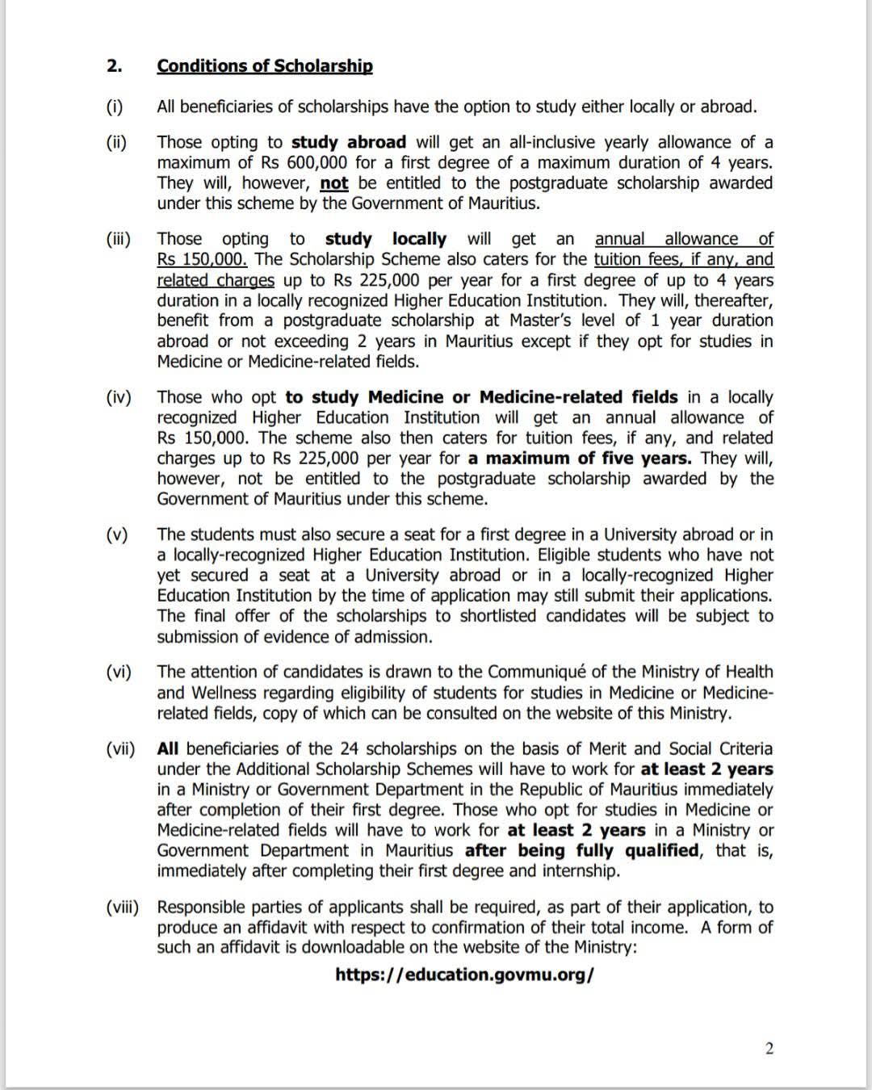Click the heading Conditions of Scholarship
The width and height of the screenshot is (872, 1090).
coord(265,66)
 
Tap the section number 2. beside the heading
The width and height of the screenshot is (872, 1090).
coord(114,66)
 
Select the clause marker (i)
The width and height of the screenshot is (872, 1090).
coord(115,107)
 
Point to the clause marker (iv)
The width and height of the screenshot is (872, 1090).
coord(118,397)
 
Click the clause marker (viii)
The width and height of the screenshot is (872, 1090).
coord(122,907)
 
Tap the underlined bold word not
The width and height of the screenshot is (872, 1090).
coord(334,183)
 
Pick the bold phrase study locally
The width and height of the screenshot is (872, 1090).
coord(385,239)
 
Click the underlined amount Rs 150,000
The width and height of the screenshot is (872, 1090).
coord(202,260)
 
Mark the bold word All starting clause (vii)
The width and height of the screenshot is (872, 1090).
coord(169,748)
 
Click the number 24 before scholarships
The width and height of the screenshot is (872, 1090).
coord(349,748)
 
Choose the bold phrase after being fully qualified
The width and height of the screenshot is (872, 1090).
coord(581,850)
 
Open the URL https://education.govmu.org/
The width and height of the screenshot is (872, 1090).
coord(464,975)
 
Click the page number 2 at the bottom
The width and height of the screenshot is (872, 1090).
coord(769,1049)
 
